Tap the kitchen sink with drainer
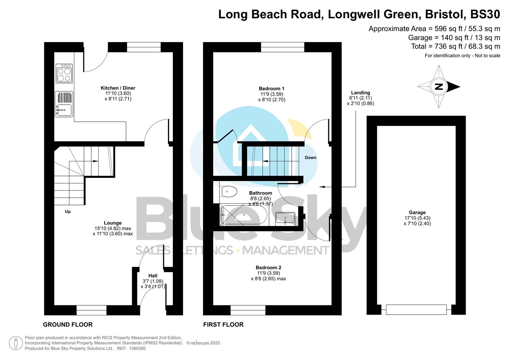64,104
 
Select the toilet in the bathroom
229,192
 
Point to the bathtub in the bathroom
244,215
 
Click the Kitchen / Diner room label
118,88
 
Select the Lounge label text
113,223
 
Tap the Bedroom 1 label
271,89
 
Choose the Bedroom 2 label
268,267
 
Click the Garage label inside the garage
417,212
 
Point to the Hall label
153,276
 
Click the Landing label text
360,93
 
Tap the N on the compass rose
439,87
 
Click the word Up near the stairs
68,212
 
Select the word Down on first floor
310,158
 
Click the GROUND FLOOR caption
68,324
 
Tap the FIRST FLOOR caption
223,324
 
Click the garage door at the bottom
416,310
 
